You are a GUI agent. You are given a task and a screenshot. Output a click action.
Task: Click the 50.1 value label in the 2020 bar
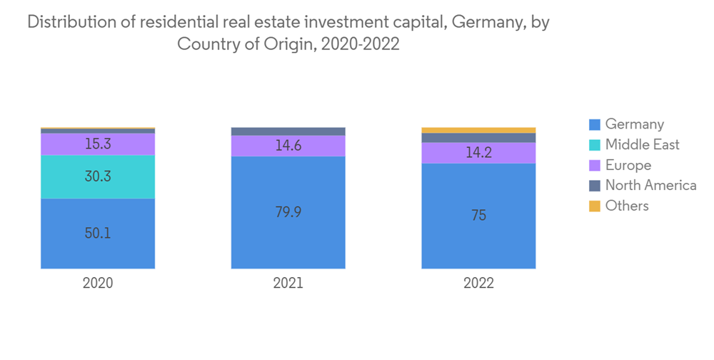tap(98, 233)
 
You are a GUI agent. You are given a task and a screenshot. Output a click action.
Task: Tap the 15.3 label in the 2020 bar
tap(98, 144)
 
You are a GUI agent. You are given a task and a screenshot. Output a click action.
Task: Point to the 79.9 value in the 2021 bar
tap(288, 212)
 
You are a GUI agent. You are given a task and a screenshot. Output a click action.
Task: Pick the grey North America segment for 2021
tap(288, 131)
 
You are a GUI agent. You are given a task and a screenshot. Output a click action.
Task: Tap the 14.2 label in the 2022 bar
tap(478, 152)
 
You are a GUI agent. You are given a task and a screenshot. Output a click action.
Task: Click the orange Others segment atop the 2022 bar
tap(478, 130)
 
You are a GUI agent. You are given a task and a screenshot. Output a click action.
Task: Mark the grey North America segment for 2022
tap(478, 137)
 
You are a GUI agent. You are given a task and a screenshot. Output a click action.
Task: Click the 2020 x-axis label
tap(98, 283)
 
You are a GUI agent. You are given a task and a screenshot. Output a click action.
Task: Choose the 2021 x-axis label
tap(288, 283)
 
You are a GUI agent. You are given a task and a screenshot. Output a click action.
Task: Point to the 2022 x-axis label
tap(478, 283)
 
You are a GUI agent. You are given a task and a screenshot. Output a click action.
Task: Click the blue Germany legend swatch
tap(594, 124)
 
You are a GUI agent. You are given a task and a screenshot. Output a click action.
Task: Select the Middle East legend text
tap(642, 144)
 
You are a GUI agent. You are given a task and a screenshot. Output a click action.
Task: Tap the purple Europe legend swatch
tap(594, 165)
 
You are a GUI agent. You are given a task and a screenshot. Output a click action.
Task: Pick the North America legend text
tap(650, 186)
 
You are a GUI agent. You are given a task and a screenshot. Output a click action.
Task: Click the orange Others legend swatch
tap(594, 206)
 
